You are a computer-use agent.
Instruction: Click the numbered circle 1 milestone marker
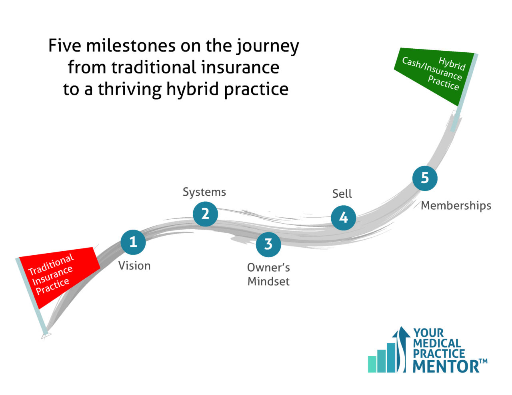click(x=133, y=242)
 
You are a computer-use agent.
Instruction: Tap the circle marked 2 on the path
click(x=205, y=214)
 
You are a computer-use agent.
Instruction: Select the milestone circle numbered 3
click(x=268, y=244)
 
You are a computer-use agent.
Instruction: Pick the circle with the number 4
click(x=343, y=218)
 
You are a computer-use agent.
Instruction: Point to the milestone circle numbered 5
click(x=425, y=178)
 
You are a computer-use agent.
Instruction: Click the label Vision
click(x=134, y=266)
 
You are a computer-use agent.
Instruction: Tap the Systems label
click(x=204, y=192)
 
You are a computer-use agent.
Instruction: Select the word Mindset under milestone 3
click(x=268, y=281)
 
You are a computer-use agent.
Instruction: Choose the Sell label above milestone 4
click(x=342, y=194)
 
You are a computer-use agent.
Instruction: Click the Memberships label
click(x=456, y=206)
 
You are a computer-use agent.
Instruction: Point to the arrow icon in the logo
click(x=401, y=347)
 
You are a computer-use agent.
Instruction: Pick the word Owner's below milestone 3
click(x=268, y=268)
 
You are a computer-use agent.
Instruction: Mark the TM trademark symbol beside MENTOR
click(x=483, y=361)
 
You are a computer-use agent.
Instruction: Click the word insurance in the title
click(x=240, y=67)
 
